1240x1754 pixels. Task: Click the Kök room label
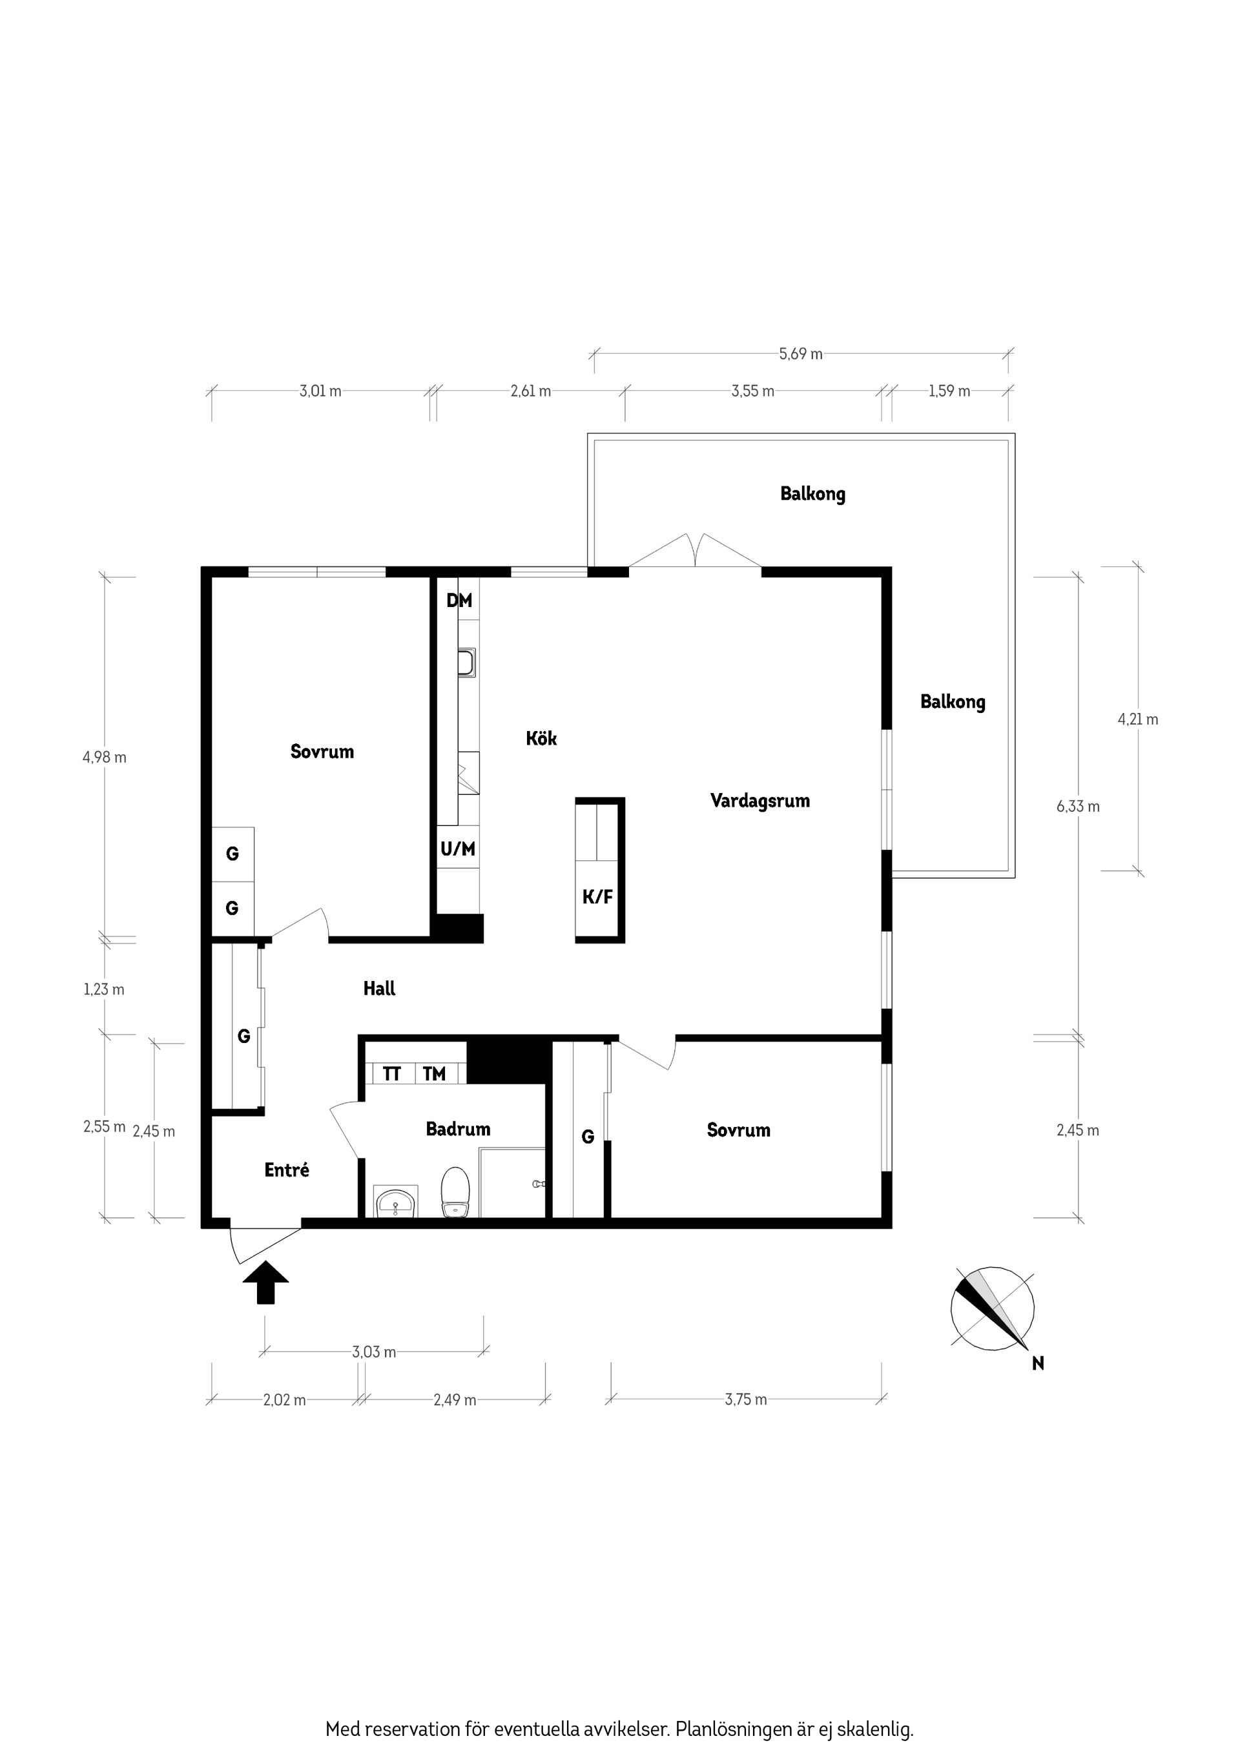coord(541,739)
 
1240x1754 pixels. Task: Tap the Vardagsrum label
coord(759,801)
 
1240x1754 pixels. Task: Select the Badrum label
coord(458,1129)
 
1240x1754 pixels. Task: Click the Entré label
coord(287,1170)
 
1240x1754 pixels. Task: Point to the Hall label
coord(379,989)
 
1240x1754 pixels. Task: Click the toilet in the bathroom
coord(455,1191)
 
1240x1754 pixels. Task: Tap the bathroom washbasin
coord(396,1202)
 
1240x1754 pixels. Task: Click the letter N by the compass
coord(1038,1364)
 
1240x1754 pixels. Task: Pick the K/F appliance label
coord(597,897)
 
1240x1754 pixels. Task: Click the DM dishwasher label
coord(459,601)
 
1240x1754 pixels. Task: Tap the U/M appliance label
coord(458,849)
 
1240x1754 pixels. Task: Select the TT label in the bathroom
coord(391,1075)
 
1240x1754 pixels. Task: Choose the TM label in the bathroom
coord(434,1075)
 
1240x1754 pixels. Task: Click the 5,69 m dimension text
coord(801,354)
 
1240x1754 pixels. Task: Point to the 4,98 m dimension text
coord(105,757)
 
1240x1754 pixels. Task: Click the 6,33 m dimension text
coord(1078,806)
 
